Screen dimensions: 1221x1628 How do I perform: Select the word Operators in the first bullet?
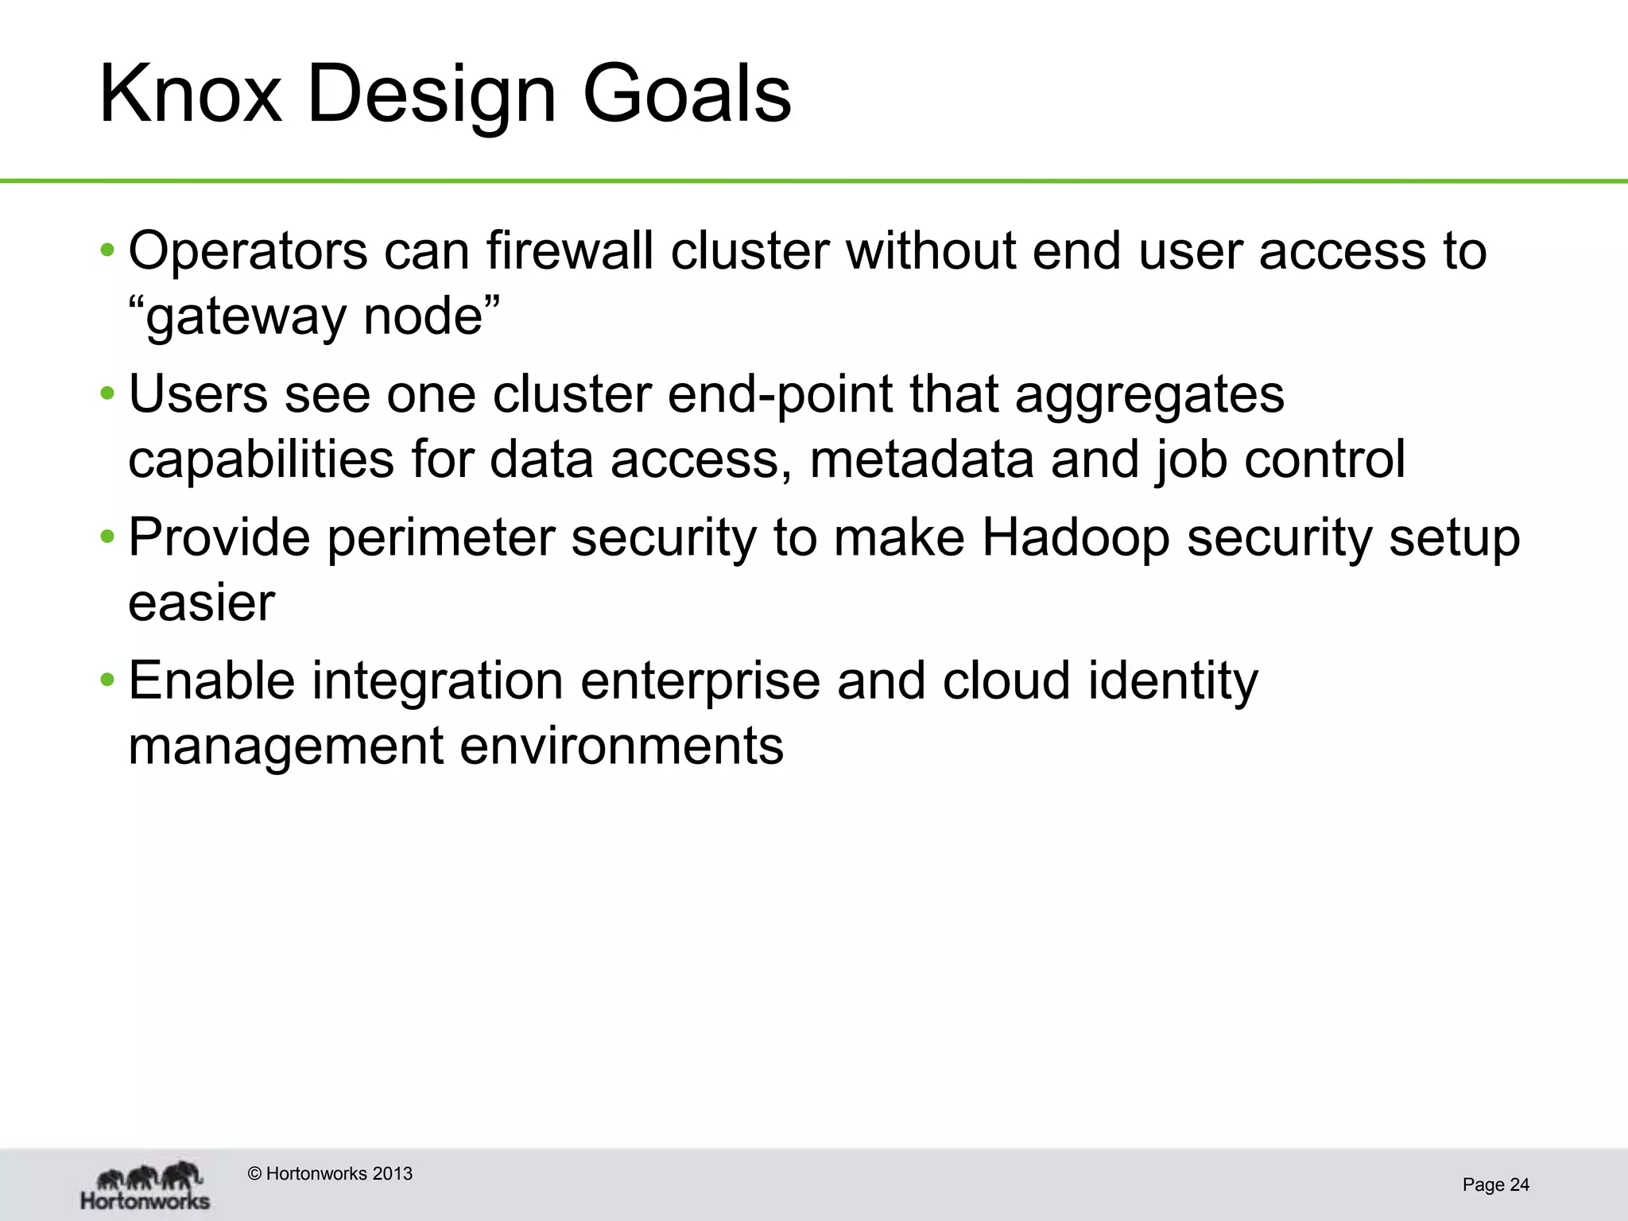point(248,251)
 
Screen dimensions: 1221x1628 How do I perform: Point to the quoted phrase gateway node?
point(315,316)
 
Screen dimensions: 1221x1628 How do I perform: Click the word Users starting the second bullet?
point(198,394)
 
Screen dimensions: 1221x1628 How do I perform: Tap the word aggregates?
point(1149,396)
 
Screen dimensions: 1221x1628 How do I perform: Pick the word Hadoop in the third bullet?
point(1076,538)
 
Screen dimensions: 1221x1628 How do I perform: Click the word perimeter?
point(440,538)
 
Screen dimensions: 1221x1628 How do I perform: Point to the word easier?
point(201,603)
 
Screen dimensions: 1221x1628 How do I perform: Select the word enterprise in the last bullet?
point(700,682)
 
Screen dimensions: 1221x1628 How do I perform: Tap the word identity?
point(1173,682)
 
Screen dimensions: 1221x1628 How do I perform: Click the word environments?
point(621,747)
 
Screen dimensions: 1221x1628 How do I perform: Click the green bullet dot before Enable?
point(107,681)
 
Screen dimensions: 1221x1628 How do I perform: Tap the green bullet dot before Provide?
point(107,538)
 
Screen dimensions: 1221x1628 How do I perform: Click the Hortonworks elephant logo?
point(146,1185)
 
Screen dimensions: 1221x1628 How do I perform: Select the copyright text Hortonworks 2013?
point(330,1174)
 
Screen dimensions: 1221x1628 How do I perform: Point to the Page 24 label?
point(1495,1185)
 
